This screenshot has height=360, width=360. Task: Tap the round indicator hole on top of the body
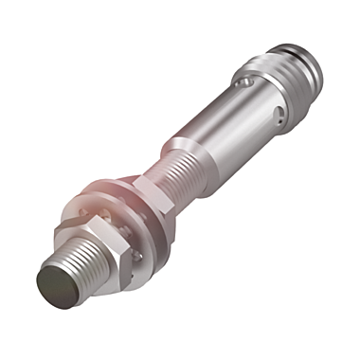click(247, 84)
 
